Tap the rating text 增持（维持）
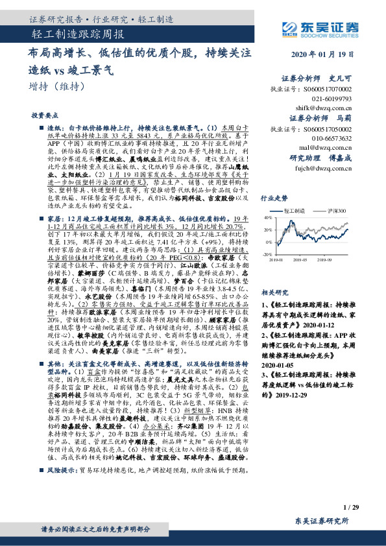(59, 87)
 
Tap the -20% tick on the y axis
(266, 255)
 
